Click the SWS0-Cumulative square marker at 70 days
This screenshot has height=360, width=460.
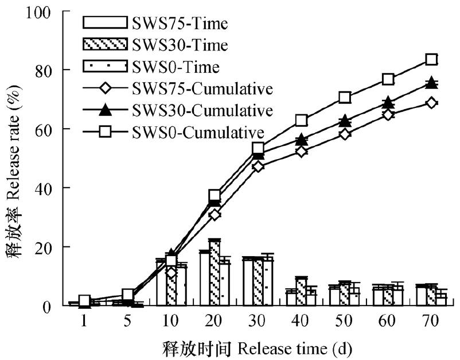coord(431,59)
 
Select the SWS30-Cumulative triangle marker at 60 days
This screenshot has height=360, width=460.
coord(388,102)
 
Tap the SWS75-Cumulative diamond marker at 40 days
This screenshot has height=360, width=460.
coord(301,152)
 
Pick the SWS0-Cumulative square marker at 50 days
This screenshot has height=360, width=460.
coord(345,97)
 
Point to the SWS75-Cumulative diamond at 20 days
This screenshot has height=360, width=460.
coord(215,214)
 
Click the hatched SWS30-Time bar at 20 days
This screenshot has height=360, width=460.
coord(215,273)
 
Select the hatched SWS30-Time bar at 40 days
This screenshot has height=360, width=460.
coord(301,291)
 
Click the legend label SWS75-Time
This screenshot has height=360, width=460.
coord(180,24)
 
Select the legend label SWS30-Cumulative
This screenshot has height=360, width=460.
coord(198,110)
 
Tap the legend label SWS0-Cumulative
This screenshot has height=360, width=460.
coord(194,131)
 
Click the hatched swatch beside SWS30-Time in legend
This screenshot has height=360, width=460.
coord(104,45)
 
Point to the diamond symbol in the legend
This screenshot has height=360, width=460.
coord(104,89)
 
